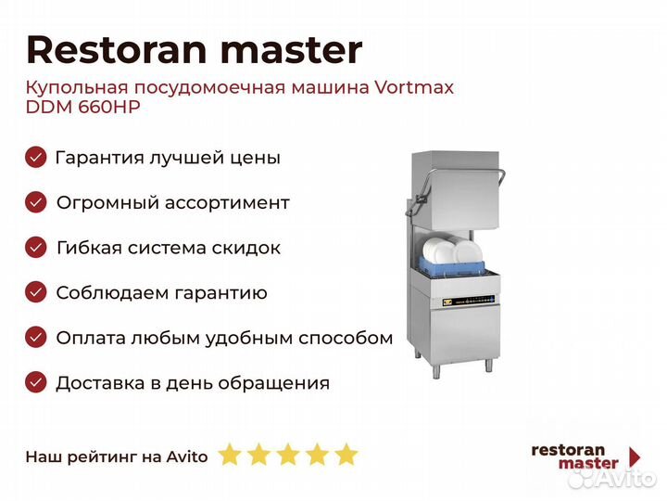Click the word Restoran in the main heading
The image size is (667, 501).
[117, 50]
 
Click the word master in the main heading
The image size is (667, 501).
[292, 51]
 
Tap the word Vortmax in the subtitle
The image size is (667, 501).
[414, 87]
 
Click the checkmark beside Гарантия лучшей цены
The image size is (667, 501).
[36, 158]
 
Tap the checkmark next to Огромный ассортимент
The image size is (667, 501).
[36, 202]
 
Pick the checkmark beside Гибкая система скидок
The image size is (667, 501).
[36, 248]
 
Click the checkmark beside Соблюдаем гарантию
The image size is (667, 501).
[36, 292]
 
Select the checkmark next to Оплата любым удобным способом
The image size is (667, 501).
[36, 338]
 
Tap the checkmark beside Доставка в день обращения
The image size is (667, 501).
[36, 382]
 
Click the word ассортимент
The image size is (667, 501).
[227, 203]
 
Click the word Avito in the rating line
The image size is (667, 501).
[187, 456]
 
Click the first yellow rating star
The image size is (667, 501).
[230, 454]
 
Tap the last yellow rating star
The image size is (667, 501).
[346, 454]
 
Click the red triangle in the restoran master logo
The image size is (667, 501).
[635, 456]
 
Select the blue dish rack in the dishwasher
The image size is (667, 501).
[453, 267]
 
